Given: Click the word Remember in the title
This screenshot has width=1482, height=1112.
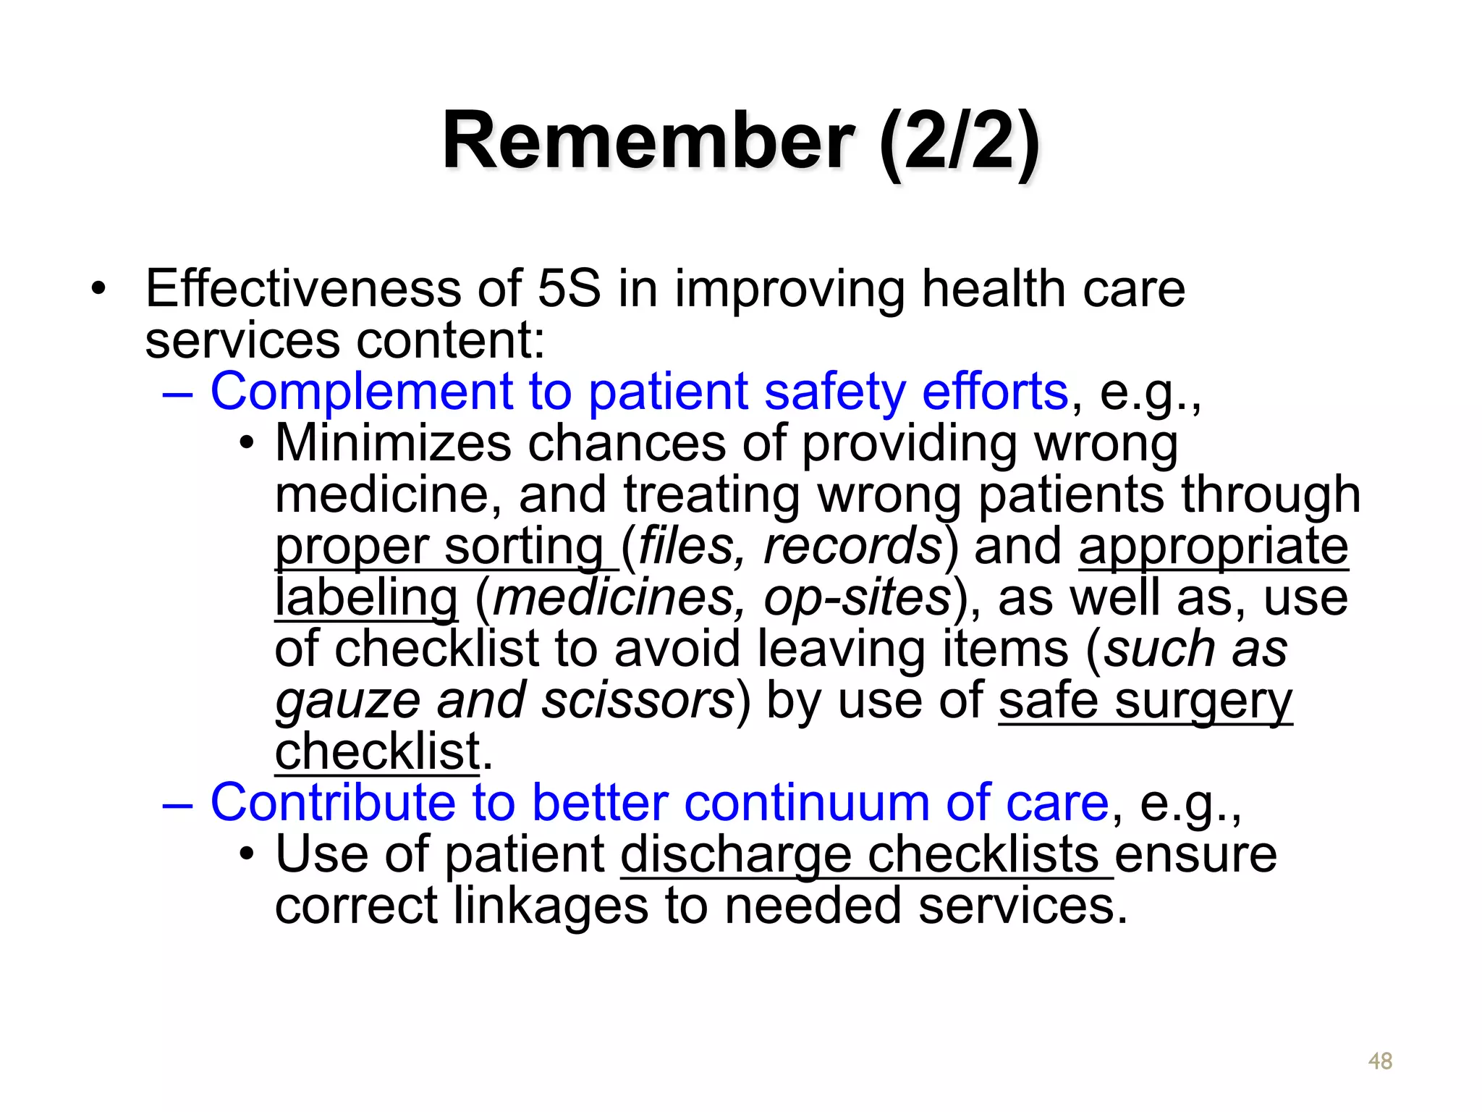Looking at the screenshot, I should (x=648, y=140).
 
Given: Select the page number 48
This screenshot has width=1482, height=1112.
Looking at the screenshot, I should (x=1380, y=1061).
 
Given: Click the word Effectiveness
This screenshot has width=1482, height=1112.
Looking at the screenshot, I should (x=302, y=289).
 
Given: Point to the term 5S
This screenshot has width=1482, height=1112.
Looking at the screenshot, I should (x=569, y=289).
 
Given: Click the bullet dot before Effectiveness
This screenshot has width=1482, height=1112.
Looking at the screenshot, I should (x=98, y=290).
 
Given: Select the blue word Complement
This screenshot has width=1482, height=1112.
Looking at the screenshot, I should (x=361, y=392).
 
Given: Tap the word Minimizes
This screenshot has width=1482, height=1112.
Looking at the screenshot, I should (x=393, y=443).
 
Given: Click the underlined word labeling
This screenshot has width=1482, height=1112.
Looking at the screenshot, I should (x=366, y=598).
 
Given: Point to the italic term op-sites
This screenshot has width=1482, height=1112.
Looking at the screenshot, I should (x=858, y=598).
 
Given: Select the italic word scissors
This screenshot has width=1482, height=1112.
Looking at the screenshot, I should (x=638, y=701).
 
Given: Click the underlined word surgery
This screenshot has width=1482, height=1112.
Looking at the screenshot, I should (x=1203, y=701).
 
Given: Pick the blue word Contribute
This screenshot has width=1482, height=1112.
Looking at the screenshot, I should (x=333, y=804).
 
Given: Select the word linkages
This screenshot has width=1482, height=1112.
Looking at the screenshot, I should (x=550, y=906).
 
